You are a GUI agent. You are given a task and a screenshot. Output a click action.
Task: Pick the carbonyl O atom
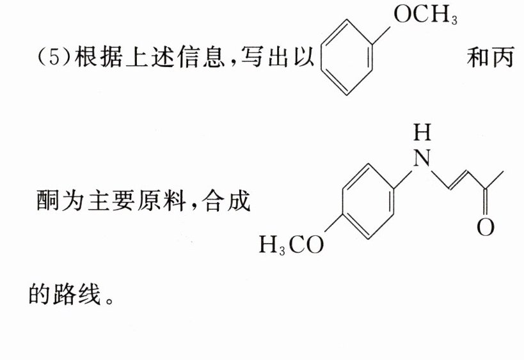point(486,226)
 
